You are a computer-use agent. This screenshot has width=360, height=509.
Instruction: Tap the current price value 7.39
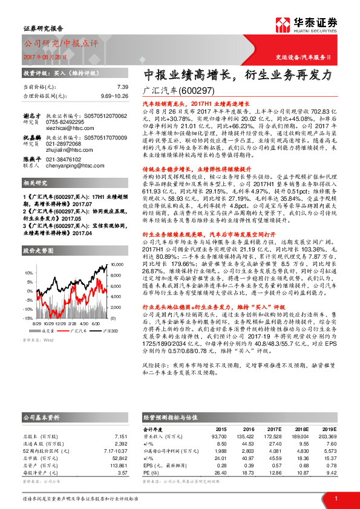(x=123, y=88)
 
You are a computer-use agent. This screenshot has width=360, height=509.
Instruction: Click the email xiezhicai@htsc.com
(x=71, y=128)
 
